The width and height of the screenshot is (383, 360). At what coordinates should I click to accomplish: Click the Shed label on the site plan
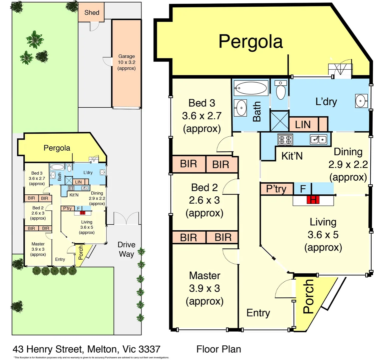92,13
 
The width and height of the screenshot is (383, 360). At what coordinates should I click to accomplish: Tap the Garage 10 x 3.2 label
126,62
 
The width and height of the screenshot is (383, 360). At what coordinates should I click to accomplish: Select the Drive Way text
126,249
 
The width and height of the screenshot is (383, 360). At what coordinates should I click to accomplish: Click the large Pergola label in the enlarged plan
251,42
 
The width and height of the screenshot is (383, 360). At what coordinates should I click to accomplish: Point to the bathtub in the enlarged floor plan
251,88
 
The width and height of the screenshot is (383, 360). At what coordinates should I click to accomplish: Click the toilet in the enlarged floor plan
281,90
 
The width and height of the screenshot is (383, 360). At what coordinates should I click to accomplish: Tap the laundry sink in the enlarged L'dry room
361,101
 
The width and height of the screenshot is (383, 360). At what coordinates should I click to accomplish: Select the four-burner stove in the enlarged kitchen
285,139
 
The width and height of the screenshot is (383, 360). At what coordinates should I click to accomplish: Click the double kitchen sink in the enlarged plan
318,139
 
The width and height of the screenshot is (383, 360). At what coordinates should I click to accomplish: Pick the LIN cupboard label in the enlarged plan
303,125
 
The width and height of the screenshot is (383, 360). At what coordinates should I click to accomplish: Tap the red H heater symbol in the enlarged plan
313,200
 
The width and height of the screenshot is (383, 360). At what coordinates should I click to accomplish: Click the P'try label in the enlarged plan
276,189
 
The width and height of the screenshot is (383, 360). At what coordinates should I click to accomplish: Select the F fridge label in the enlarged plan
303,189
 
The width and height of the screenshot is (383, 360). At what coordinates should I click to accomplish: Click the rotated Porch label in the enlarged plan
309,296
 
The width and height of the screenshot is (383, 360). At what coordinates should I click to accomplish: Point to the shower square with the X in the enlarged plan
279,121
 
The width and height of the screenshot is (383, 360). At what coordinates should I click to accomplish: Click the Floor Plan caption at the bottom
219,349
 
